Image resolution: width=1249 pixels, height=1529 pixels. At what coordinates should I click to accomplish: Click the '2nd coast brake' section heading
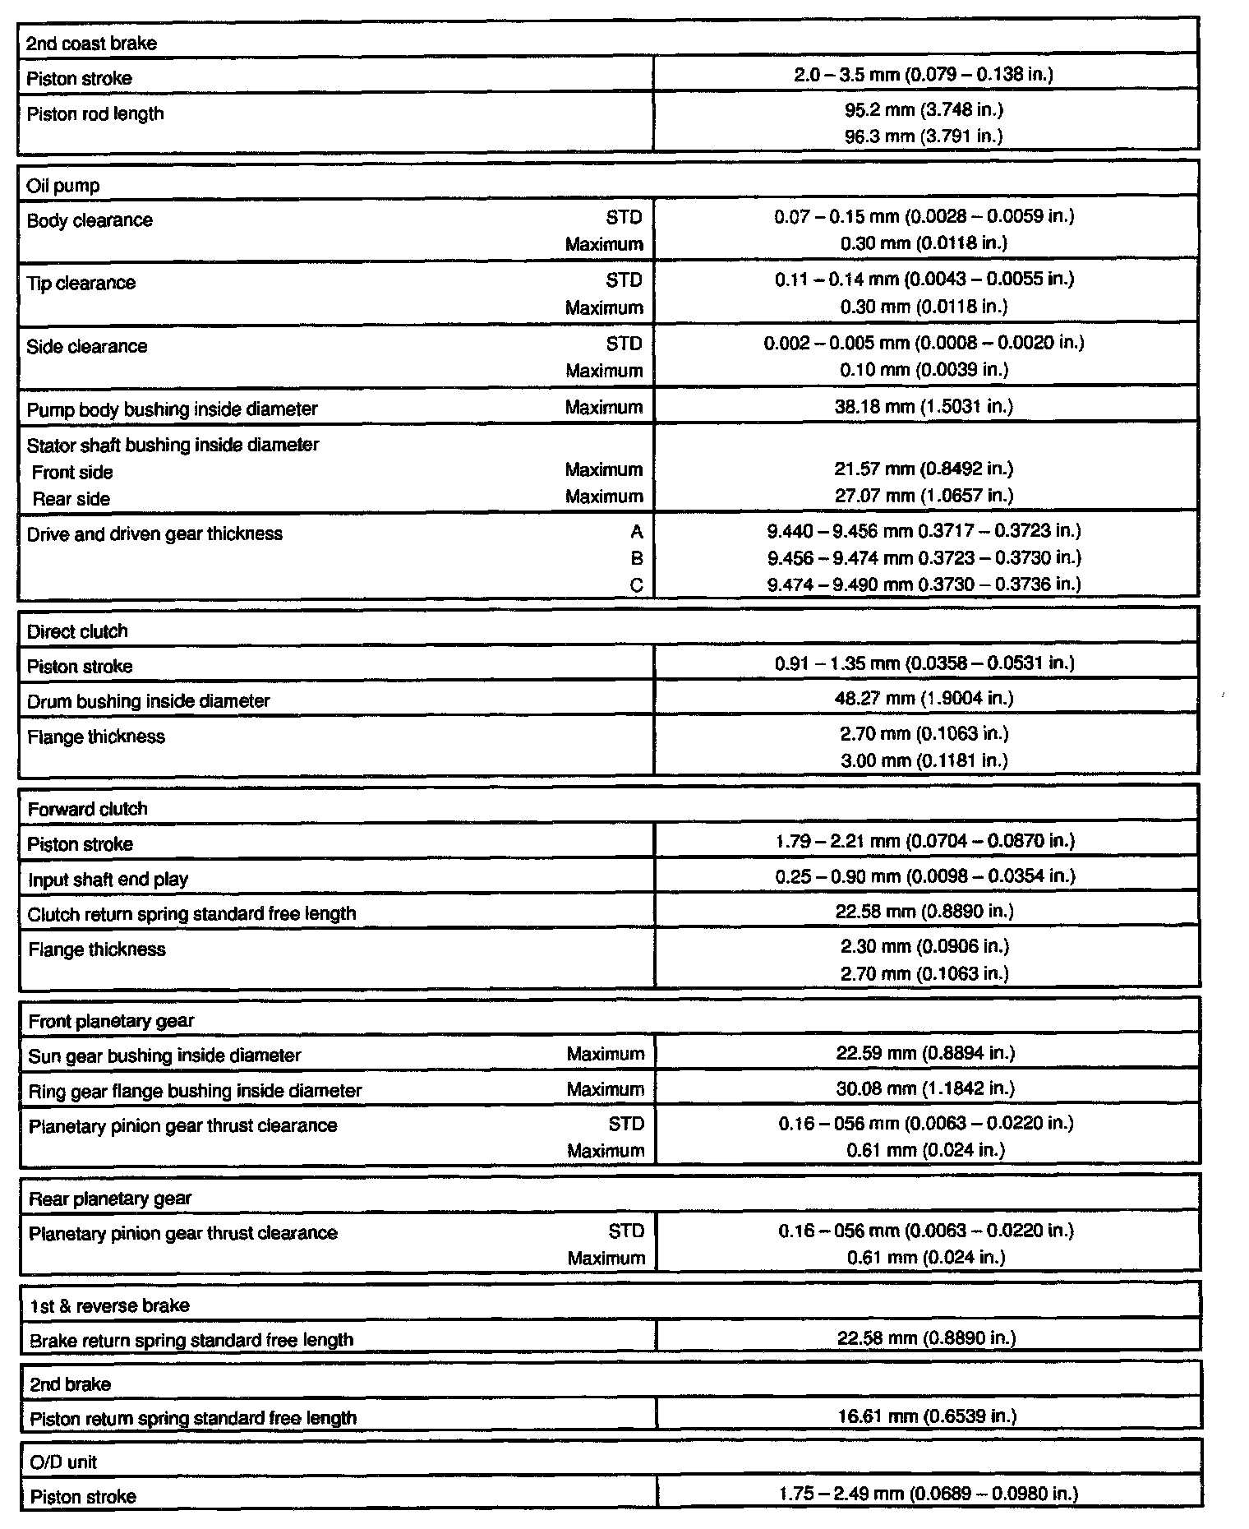[91, 44]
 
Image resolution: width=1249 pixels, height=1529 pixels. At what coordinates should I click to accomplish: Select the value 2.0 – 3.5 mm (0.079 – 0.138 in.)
[924, 75]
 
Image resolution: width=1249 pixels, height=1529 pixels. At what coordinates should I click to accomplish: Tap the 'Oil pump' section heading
[63, 186]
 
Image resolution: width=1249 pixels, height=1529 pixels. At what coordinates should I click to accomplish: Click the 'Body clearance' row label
[90, 220]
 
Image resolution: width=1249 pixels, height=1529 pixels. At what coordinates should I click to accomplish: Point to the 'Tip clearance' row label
[81, 283]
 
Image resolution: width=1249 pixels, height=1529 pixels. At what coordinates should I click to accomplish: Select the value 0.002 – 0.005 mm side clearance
[924, 343]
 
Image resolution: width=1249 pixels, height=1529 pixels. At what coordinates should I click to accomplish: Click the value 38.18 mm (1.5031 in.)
[924, 406]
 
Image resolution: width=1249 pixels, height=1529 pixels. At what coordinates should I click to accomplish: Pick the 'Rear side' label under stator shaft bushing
[71, 499]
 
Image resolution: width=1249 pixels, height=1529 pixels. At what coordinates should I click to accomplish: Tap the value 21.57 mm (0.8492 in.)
[924, 469]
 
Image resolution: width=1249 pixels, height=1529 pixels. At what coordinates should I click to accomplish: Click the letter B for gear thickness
[637, 559]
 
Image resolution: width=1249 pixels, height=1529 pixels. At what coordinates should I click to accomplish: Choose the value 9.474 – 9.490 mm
[924, 584]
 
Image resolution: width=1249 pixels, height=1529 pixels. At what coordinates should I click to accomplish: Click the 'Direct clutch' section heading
[77, 631]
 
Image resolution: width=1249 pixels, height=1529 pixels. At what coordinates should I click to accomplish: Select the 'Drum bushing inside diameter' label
[149, 701]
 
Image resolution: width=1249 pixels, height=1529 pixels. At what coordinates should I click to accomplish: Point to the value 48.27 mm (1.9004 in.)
[924, 699]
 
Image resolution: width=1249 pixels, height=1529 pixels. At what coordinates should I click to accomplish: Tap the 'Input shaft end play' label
[108, 880]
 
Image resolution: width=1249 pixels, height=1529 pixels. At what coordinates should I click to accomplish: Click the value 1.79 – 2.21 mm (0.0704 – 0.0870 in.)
[925, 841]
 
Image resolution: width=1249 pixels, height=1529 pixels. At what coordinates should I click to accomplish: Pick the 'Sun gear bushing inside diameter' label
[165, 1056]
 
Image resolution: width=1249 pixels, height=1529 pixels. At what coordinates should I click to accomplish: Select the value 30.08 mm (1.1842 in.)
[925, 1088]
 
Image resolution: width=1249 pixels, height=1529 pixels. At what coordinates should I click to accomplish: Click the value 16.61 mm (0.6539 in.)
[927, 1416]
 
